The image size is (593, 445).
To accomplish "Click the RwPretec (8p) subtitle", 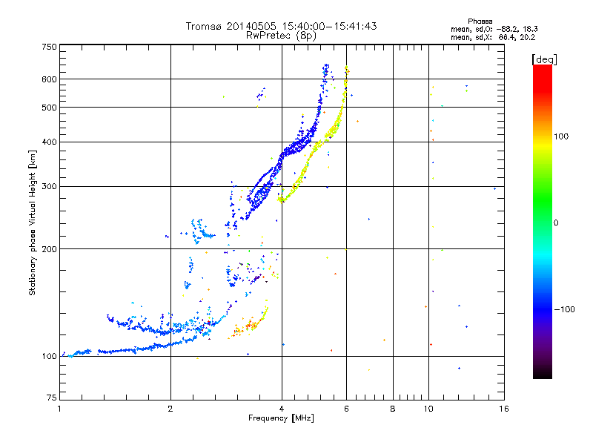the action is (281, 36).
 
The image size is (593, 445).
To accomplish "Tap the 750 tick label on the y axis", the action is (49, 47).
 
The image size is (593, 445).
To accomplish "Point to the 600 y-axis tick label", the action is (49, 79).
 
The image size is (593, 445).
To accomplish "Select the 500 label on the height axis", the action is (49, 108).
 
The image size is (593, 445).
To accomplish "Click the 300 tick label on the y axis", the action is (49, 186).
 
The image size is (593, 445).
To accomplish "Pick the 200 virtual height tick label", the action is (49, 249).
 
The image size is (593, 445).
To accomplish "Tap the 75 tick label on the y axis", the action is (52, 398).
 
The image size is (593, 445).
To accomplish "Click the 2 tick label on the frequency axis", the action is (170, 409).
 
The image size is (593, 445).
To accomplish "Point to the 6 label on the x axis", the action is (346, 409).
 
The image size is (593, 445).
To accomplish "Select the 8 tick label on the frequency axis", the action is (393, 409).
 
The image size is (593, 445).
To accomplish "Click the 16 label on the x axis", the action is (504, 409).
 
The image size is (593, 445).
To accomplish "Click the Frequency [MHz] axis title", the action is (281, 418).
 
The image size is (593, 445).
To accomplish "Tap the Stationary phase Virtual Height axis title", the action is (33, 223).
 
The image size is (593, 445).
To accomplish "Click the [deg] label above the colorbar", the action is (544, 59).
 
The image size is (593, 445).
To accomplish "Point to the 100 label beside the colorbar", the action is (561, 136).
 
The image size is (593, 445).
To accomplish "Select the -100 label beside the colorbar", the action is (564, 309).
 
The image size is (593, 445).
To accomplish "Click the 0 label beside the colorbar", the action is (556, 223).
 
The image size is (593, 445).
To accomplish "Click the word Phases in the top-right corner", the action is (480, 22).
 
